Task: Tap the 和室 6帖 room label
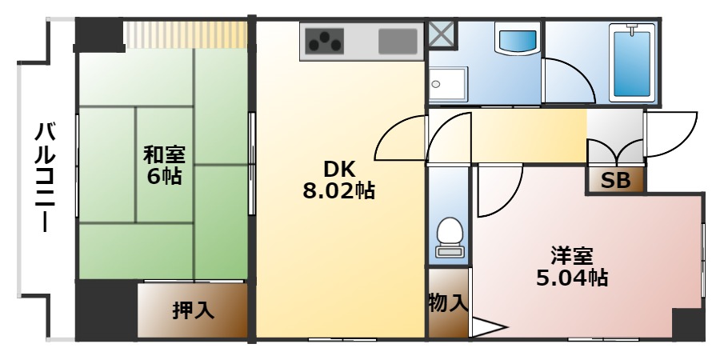pos(163,165)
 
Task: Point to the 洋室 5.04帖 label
pos(571,267)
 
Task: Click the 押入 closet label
pos(193,310)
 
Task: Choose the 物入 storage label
pos(447,303)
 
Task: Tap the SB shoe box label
pos(616,181)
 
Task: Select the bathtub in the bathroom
pos(632,62)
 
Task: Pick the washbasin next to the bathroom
pos(518,39)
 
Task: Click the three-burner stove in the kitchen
pos(323,40)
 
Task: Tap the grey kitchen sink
pos(398,41)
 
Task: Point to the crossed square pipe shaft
pos(441,34)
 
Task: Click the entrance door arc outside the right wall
pos(672,134)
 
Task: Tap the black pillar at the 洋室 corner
pos(687,323)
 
